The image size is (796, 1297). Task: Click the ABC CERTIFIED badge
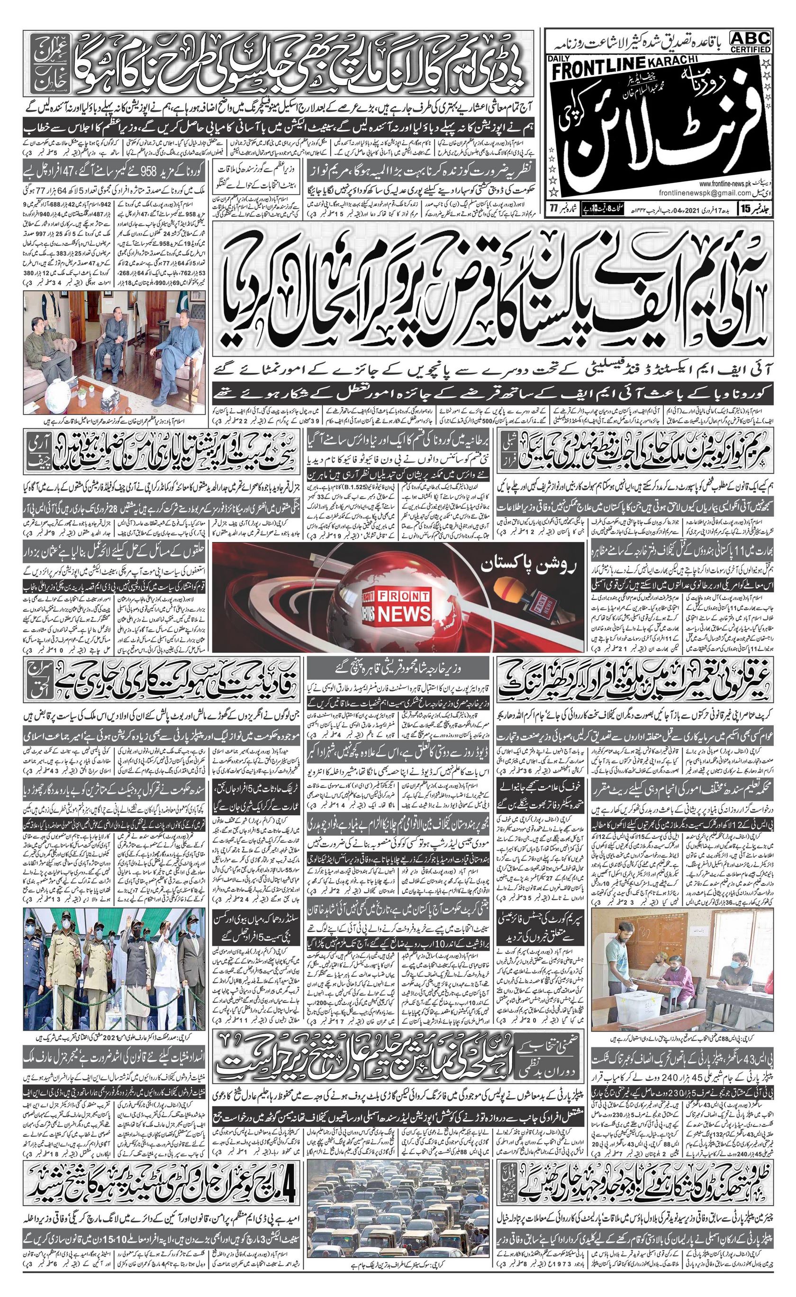(x=750, y=42)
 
